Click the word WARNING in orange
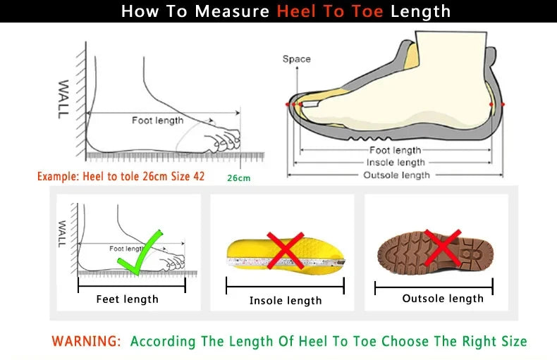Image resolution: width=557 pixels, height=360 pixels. pyautogui.click(x=86, y=342)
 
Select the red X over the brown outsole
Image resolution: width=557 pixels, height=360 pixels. pyautogui.click(x=442, y=247)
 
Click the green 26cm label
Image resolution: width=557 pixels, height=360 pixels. pyautogui.click(x=238, y=178)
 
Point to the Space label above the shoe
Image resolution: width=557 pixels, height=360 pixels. pyautogui.click(x=296, y=59)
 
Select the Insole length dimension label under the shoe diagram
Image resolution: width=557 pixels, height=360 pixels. pyautogui.click(x=396, y=163)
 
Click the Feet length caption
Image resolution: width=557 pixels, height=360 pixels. pyautogui.click(x=127, y=299)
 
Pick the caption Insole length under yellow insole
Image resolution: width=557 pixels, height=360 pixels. pyautogui.click(x=286, y=301)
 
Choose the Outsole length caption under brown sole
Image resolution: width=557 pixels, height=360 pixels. pyautogui.click(x=443, y=299)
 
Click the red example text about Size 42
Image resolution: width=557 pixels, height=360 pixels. pyautogui.click(x=121, y=176)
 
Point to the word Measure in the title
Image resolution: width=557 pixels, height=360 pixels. pyautogui.click(x=233, y=11)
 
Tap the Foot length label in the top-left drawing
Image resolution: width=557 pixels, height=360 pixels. pyautogui.click(x=157, y=120)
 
